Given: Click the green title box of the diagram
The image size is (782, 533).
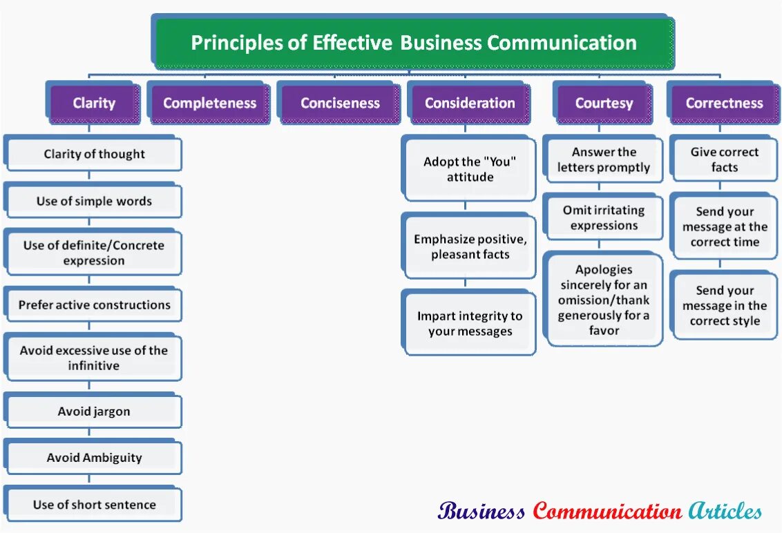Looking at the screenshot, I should click(413, 43).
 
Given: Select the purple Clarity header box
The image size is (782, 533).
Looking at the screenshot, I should click(94, 104).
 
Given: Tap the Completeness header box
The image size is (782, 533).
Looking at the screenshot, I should click(209, 104).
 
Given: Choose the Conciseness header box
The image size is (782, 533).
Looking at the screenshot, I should click(340, 104).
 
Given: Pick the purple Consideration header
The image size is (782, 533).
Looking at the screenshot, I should click(470, 104).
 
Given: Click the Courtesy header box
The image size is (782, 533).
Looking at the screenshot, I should click(604, 104).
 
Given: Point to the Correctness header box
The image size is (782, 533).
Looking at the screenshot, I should click(724, 104).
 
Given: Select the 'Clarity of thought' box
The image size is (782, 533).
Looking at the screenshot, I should click(94, 154).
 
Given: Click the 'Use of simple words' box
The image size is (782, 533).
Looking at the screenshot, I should click(94, 202).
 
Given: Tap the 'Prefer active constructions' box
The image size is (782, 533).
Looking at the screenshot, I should click(94, 305).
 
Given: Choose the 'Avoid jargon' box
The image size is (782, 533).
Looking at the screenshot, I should click(94, 411).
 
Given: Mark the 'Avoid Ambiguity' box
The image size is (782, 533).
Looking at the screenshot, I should click(94, 458).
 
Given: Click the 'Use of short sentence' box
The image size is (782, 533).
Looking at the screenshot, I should click(94, 505).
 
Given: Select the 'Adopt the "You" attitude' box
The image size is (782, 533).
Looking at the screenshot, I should click(470, 169).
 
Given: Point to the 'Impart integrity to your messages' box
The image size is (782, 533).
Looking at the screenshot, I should click(470, 324).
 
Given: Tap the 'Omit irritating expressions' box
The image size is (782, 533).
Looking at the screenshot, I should click(604, 218).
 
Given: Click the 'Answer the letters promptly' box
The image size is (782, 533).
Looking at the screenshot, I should click(604, 159).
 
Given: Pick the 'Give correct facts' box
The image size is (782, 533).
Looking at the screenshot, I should click(724, 159).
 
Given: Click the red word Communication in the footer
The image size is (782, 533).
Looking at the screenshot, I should click(607, 512).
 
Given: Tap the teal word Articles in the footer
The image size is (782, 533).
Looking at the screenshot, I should click(725, 512).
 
